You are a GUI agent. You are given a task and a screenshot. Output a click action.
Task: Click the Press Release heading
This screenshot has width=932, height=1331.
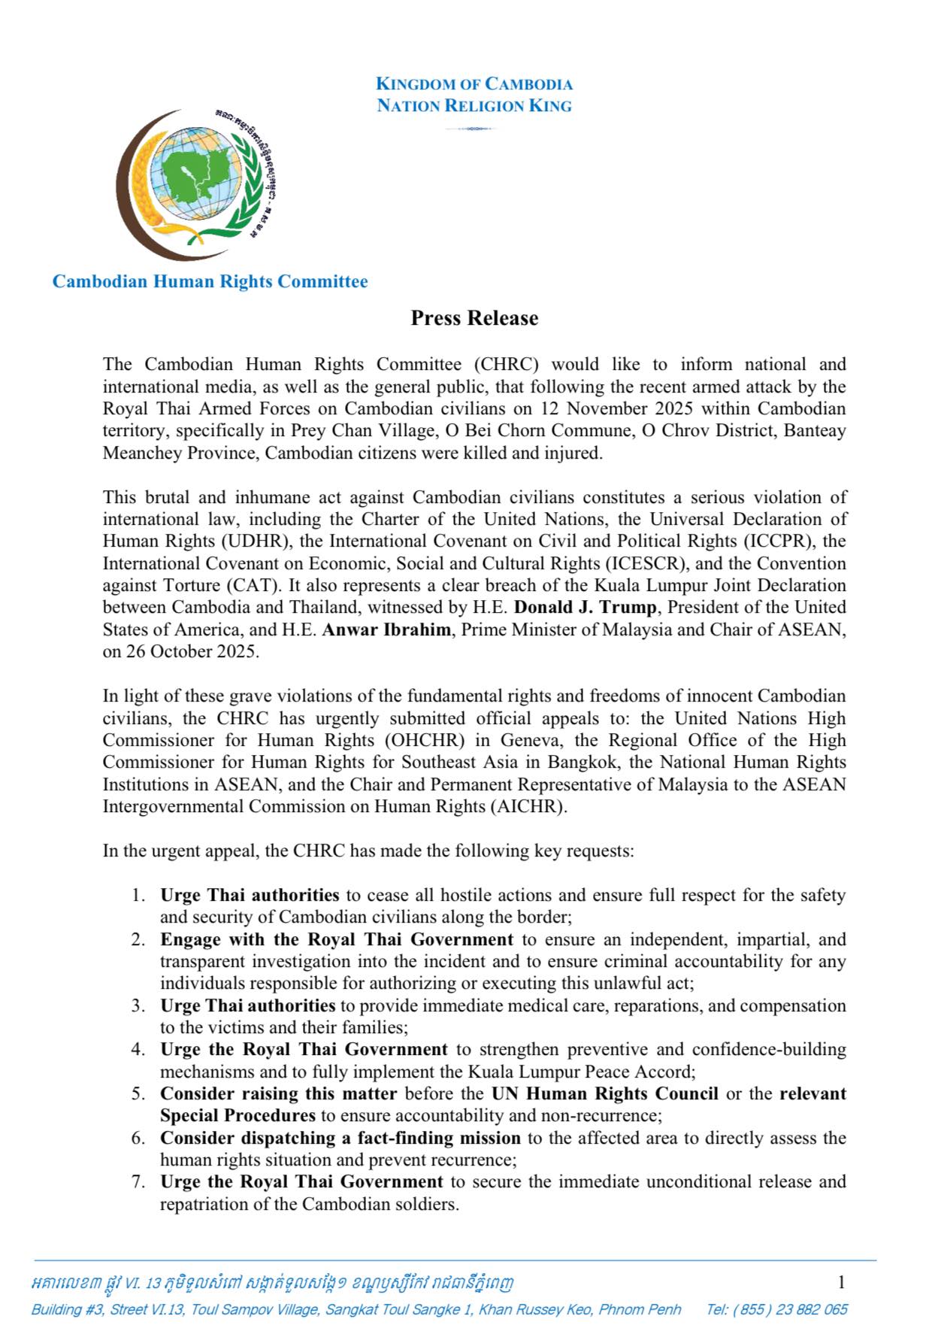click(x=474, y=318)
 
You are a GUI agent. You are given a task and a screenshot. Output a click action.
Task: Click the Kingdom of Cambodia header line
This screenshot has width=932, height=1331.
click(x=474, y=83)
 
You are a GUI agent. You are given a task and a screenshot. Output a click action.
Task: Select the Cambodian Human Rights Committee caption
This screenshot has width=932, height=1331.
click(x=210, y=281)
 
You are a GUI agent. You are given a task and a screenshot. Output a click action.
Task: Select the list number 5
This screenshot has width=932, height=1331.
click(x=138, y=1093)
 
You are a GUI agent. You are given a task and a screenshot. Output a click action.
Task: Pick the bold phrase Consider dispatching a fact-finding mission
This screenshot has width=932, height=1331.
click(x=340, y=1138)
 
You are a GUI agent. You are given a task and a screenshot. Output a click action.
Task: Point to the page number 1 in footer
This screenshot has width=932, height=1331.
click(x=842, y=1281)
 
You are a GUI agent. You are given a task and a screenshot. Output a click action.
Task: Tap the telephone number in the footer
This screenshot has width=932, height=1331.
click(x=776, y=1309)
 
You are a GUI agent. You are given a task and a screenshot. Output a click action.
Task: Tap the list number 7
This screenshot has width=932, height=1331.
click(x=138, y=1181)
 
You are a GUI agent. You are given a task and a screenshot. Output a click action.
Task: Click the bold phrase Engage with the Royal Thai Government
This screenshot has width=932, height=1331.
click(x=337, y=939)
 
